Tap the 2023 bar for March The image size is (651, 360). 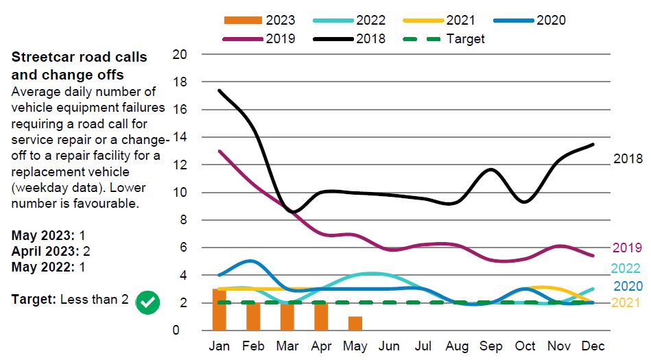click(287, 316)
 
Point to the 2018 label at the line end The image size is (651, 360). click(628, 159)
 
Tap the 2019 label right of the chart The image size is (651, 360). click(627, 248)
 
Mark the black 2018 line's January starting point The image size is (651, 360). click(220, 91)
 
